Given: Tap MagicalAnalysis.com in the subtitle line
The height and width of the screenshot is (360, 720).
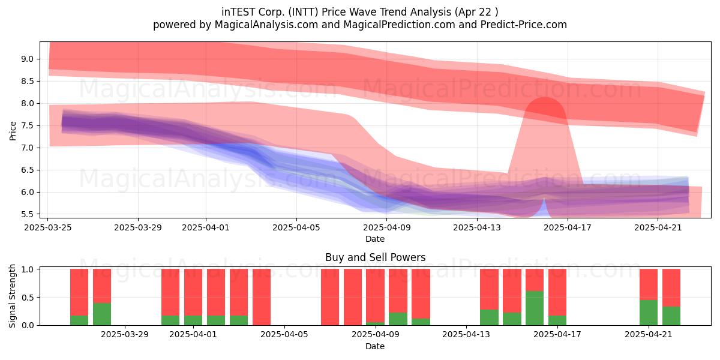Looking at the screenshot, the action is (266, 25).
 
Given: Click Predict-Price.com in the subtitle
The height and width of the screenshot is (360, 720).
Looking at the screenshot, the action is (524, 25).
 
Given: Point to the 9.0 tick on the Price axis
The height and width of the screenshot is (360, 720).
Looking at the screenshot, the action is (28, 59).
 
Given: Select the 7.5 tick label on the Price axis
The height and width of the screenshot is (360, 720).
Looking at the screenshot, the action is (28, 125).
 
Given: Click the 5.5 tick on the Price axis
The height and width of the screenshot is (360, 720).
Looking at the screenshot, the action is (28, 214).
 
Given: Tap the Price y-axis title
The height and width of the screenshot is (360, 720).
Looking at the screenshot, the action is (13, 131).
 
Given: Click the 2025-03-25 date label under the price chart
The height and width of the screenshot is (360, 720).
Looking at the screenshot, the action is (48, 227).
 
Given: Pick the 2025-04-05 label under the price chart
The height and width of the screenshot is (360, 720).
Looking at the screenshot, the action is (296, 227).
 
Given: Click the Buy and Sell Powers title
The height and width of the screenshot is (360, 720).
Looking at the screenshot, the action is (375, 257).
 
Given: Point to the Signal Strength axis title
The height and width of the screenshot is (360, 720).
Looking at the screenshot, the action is (12, 296).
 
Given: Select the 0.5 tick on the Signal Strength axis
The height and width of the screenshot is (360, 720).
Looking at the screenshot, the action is (28, 298).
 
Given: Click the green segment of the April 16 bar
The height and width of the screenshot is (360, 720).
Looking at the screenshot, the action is (535, 308).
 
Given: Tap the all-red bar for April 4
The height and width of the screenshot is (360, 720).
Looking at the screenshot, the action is (262, 297).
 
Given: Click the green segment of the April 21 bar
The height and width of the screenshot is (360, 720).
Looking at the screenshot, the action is (649, 313).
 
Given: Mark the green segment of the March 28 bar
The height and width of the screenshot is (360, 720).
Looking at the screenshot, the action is (102, 314).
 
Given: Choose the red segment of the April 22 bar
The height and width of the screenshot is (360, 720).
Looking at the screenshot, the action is (671, 287).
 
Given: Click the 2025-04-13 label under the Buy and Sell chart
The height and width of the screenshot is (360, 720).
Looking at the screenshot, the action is (466, 335).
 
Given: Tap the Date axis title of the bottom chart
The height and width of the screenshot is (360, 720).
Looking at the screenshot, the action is (375, 346).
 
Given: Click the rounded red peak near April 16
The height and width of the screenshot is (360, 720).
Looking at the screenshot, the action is (545, 106).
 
